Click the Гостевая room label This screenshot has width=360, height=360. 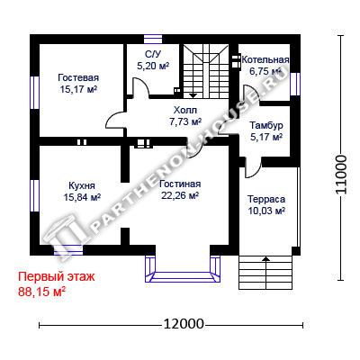78,77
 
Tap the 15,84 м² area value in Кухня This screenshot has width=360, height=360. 82,197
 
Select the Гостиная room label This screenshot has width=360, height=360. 180,184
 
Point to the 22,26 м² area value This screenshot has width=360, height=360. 180,195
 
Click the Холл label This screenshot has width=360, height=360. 185,110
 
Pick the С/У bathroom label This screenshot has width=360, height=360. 153,54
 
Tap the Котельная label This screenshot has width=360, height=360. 265,59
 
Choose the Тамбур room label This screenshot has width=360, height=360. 266,125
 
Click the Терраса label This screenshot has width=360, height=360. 266,199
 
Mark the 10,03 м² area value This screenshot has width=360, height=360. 266,211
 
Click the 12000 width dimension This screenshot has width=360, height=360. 184,324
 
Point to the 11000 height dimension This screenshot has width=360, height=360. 341,175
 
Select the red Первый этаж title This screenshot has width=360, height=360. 57,276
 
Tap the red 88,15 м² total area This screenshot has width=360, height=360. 42,292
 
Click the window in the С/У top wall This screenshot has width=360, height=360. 153,40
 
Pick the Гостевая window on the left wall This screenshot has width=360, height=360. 35,92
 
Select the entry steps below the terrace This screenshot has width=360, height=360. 265,273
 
